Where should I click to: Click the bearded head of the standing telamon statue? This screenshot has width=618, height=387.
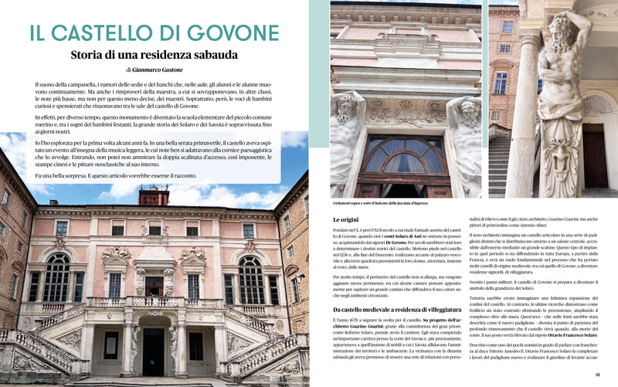pyautogui.click(x=571, y=30)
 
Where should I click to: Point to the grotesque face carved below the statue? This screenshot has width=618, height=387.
pyautogui.click(x=568, y=154)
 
